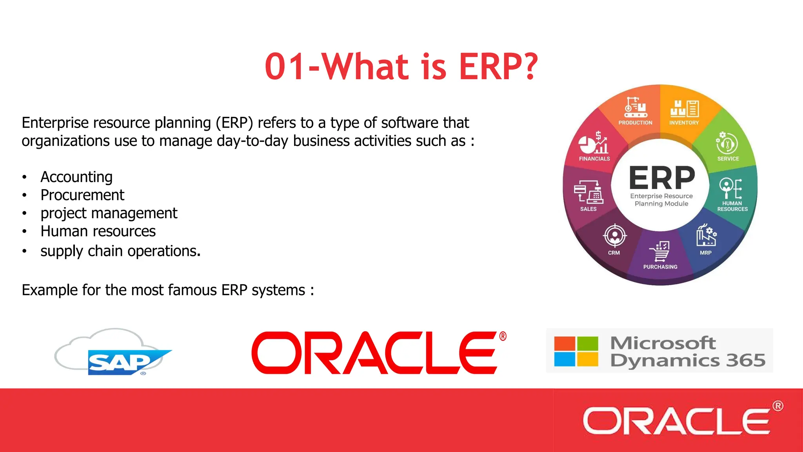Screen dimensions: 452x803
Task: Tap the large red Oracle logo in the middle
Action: coord(374,353)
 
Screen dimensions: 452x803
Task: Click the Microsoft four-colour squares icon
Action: coord(576,351)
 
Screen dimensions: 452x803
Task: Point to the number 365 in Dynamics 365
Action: coord(745,360)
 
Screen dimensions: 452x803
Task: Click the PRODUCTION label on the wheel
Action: coord(635,123)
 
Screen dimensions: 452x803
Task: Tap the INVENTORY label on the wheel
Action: coord(684,123)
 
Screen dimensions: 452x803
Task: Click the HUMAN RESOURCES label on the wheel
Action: coord(732,206)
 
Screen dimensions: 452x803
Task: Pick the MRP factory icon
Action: coord(706,235)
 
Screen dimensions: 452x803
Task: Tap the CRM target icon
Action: coord(614,236)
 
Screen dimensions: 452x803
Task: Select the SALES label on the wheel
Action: coord(588,209)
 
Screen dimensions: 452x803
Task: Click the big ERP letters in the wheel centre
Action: coord(662,178)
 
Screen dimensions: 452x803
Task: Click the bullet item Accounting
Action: coord(76,177)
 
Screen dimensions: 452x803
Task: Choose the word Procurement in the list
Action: coord(82,195)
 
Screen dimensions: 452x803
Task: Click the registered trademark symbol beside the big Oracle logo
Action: coord(503,336)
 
